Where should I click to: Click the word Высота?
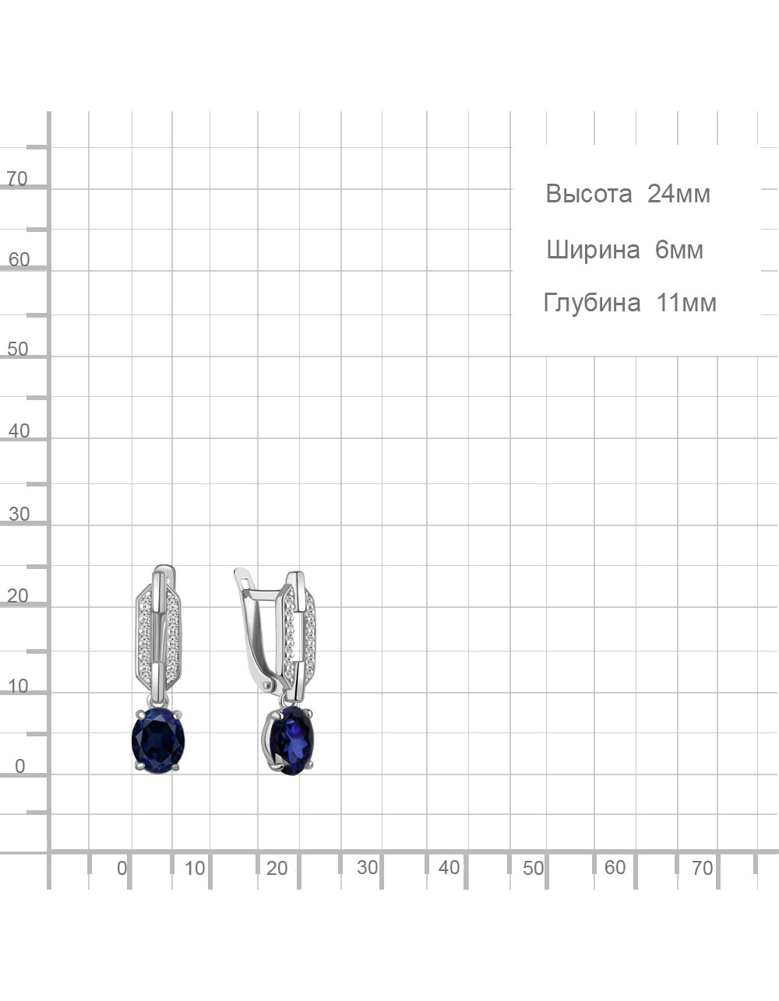click(x=589, y=194)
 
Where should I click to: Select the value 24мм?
click(x=679, y=194)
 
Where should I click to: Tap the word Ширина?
click(x=593, y=251)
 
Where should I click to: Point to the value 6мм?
click(x=679, y=250)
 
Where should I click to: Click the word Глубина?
click(x=592, y=303)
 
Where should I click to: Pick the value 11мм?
click(x=686, y=303)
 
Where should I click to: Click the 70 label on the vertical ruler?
click(x=17, y=179)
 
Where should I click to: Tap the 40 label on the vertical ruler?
click(x=19, y=431)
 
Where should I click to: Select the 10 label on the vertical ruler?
click(x=18, y=687)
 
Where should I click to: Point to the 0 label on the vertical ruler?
click(x=19, y=767)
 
